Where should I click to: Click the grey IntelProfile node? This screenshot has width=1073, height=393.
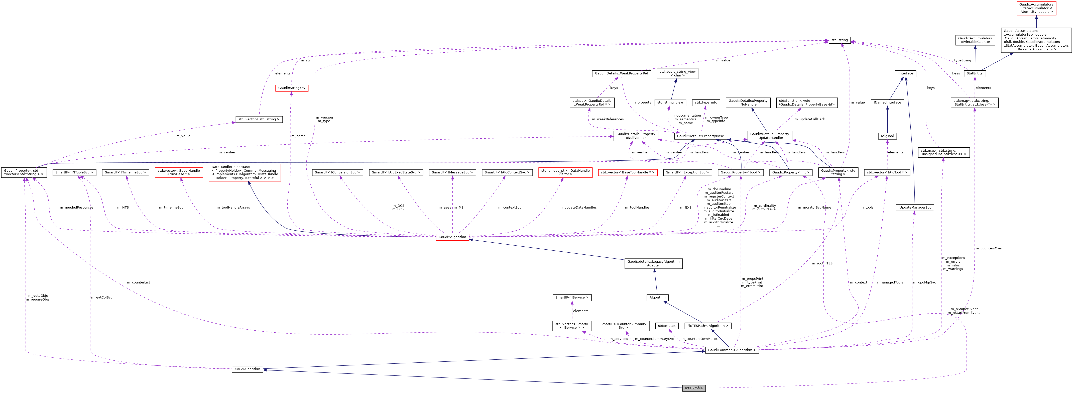[693, 388]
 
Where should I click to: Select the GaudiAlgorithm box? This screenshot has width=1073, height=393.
[247, 369]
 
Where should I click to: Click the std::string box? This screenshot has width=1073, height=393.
[839, 40]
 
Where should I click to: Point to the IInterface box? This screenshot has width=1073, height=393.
[905, 73]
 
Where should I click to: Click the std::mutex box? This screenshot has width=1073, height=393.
[666, 326]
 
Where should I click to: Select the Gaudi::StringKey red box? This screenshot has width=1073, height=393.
[292, 88]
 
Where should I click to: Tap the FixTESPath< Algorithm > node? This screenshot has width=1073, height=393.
[707, 326]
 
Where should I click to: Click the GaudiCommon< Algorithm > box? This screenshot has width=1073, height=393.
[732, 350]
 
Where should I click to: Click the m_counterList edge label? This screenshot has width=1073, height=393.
[138, 282]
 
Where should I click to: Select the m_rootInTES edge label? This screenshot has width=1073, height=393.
[822, 263]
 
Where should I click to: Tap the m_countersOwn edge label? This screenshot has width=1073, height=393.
[988, 248]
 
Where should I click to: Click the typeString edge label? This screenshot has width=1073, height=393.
[962, 60]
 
